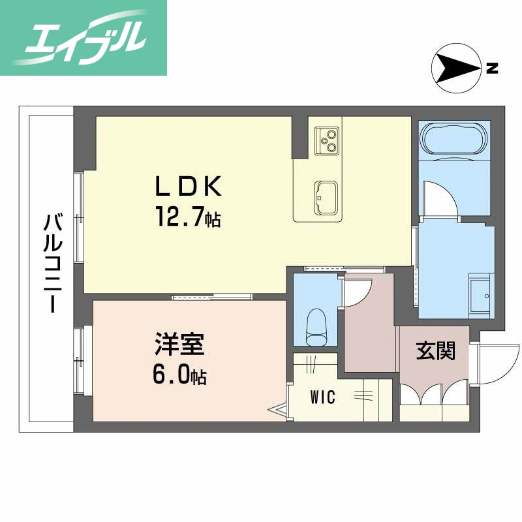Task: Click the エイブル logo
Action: (84, 37)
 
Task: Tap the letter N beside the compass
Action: (493, 67)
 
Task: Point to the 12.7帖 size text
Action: (187, 217)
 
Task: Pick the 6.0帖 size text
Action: (180, 375)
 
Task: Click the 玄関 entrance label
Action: (435, 351)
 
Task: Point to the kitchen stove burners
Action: (326, 140)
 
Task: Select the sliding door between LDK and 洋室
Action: (212, 298)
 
